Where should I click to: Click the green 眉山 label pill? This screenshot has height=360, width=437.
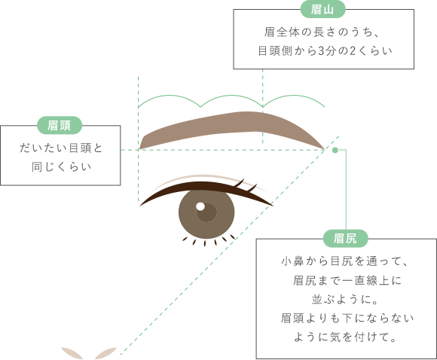[x=322, y=10]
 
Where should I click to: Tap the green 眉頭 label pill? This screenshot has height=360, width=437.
[x=60, y=125]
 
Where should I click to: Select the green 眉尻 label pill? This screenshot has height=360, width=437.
[x=346, y=239]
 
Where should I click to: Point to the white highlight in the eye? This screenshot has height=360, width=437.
[x=200, y=206]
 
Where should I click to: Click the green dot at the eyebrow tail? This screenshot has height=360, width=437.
[x=335, y=150]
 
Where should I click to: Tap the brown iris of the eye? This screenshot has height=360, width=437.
[x=206, y=213]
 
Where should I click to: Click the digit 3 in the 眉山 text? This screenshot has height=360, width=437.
[x=322, y=51]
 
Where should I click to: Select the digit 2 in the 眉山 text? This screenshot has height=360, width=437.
[x=353, y=51]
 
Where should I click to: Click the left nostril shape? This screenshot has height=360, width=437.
[x=72, y=353]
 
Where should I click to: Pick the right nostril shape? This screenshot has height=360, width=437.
[x=105, y=353]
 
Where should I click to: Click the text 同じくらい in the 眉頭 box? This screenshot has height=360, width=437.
[x=61, y=167]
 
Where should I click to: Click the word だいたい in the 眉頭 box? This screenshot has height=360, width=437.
[x=43, y=148]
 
